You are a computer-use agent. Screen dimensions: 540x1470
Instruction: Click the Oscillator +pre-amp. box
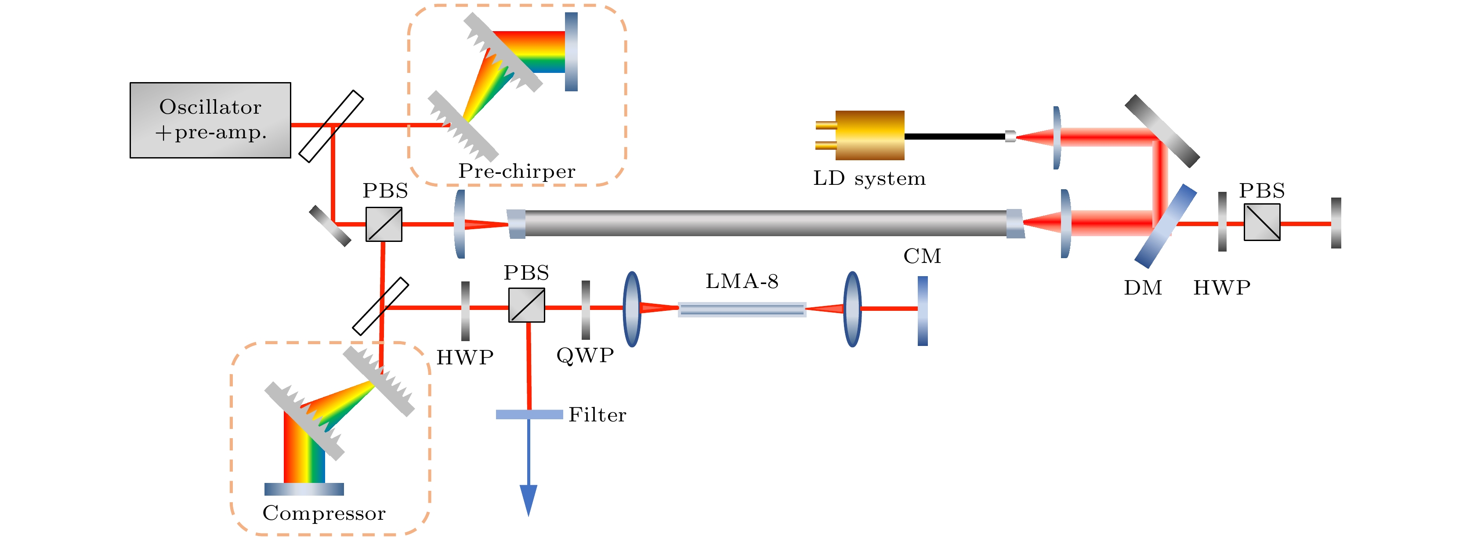click(210, 120)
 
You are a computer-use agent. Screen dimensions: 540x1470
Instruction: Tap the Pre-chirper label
click(517, 171)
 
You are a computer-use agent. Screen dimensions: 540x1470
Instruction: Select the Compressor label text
click(323, 513)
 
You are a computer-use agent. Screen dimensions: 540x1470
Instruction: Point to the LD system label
click(869, 179)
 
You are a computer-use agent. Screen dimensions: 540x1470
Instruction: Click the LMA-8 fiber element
click(742, 309)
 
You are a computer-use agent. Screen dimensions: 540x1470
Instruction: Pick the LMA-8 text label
click(742, 281)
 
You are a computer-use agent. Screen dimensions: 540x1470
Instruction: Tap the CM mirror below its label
click(922, 311)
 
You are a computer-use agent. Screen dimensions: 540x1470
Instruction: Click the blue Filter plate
click(529, 414)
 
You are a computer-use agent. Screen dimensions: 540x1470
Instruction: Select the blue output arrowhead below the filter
click(529, 499)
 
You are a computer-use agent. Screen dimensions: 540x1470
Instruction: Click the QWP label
click(585, 355)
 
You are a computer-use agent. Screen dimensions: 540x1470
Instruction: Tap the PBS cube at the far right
click(1262, 223)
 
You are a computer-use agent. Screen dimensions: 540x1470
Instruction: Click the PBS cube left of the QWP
click(527, 305)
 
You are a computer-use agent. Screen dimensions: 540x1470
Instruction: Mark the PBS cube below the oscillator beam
click(384, 224)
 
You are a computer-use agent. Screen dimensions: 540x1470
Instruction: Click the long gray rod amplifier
click(765, 223)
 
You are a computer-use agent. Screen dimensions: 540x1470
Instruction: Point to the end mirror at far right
click(1336, 223)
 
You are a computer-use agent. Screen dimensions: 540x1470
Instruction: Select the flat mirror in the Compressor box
click(304, 489)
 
